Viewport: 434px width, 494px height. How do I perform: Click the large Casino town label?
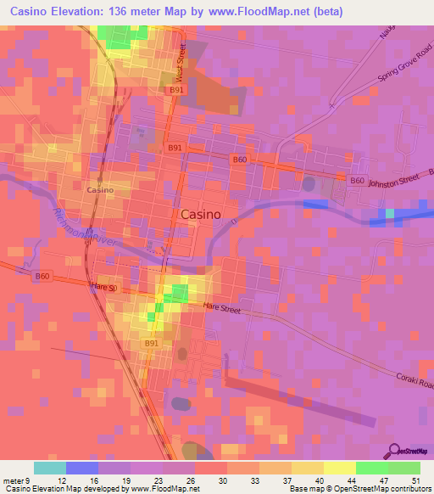[x=202, y=215]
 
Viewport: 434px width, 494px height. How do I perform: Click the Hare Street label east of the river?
[x=223, y=310]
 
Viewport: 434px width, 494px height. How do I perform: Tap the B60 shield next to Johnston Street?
[x=358, y=181]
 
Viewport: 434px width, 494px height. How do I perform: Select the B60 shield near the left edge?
[x=42, y=277]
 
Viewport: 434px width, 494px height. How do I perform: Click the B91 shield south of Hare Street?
[x=152, y=343]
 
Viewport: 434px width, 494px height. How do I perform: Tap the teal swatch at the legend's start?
[x=50, y=468]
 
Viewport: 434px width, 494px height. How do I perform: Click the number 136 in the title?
[x=120, y=12]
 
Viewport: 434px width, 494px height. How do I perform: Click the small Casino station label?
[x=100, y=190]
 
